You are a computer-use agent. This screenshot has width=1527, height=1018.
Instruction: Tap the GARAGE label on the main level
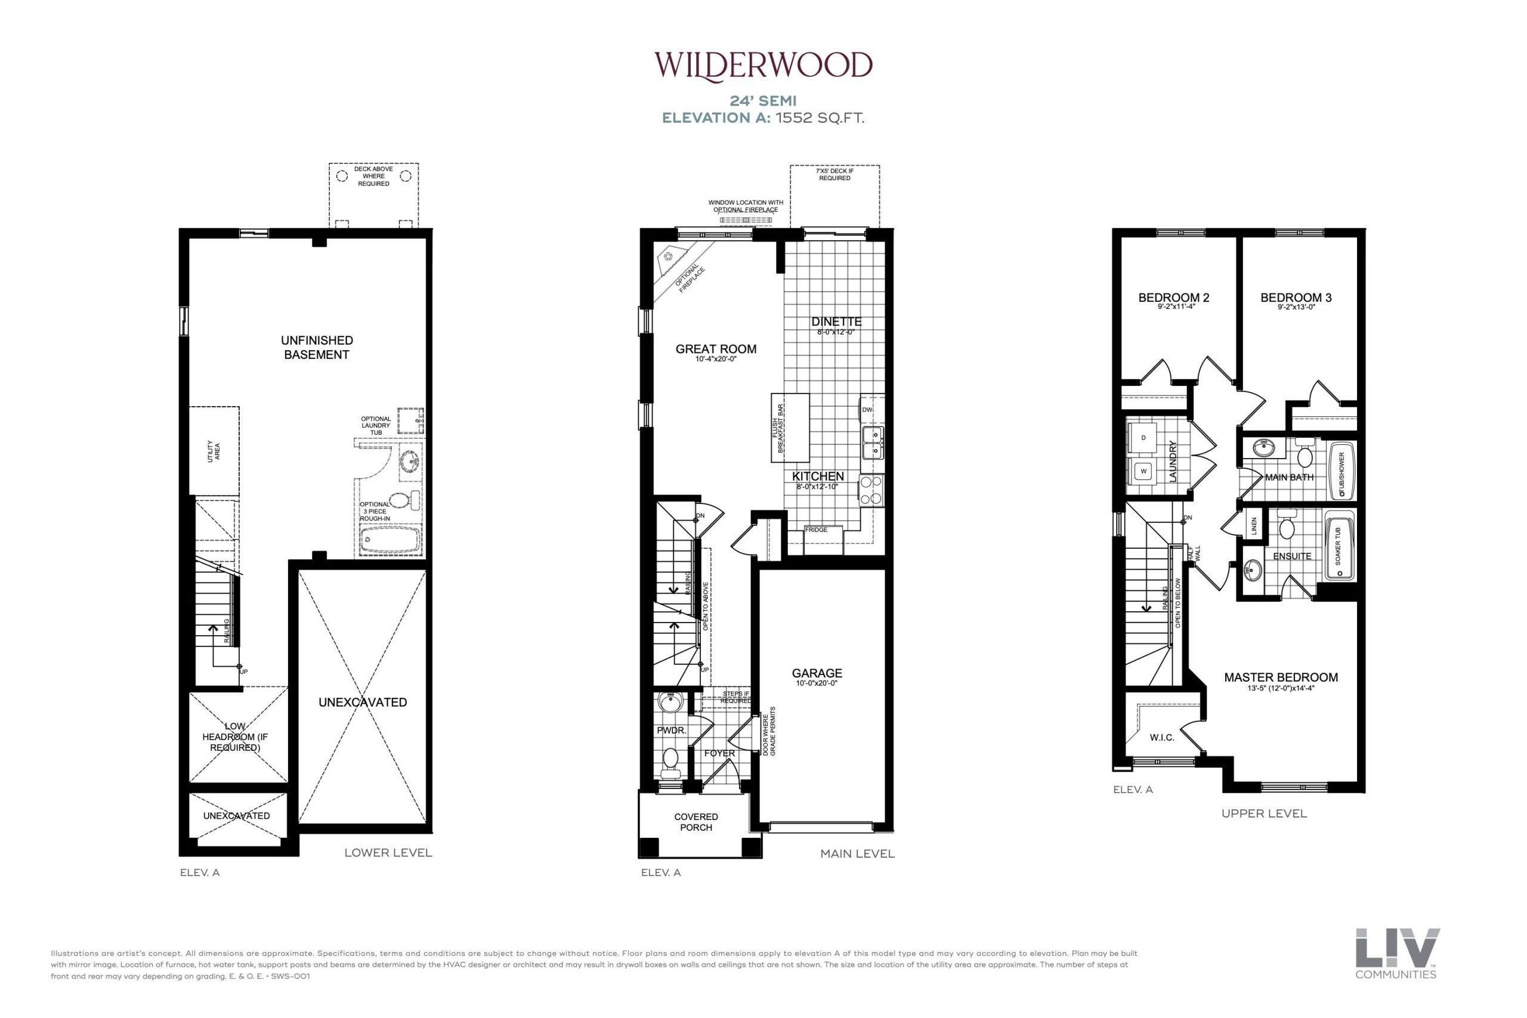click(x=817, y=673)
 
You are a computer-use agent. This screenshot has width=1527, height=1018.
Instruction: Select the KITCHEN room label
click(x=818, y=476)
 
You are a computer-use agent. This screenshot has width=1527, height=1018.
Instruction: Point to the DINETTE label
click(x=836, y=321)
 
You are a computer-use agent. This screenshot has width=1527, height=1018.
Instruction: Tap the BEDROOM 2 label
click(x=1174, y=298)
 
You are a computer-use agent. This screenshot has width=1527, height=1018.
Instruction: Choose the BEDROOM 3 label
click(x=1296, y=298)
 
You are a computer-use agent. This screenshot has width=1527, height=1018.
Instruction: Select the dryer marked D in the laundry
click(x=1144, y=438)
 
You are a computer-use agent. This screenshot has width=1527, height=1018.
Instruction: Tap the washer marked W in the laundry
click(x=1144, y=471)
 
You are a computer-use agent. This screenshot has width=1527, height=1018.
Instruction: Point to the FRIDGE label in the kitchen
click(x=816, y=530)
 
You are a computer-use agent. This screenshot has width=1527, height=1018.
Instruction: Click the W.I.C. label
click(x=1162, y=737)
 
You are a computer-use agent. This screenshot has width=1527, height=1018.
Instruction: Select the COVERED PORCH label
click(x=696, y=822)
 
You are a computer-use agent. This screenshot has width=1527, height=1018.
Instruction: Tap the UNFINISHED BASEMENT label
click(x=317, y=347)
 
